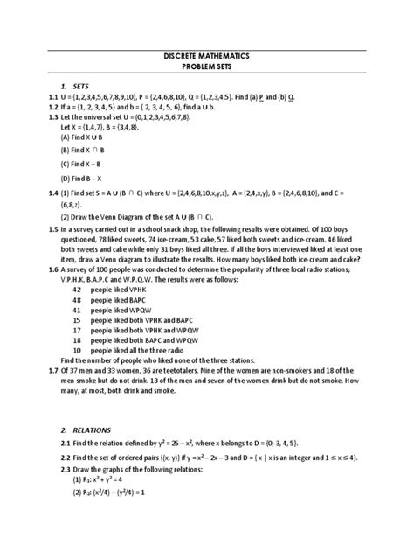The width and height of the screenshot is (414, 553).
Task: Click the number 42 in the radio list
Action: [x=77, y=288]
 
